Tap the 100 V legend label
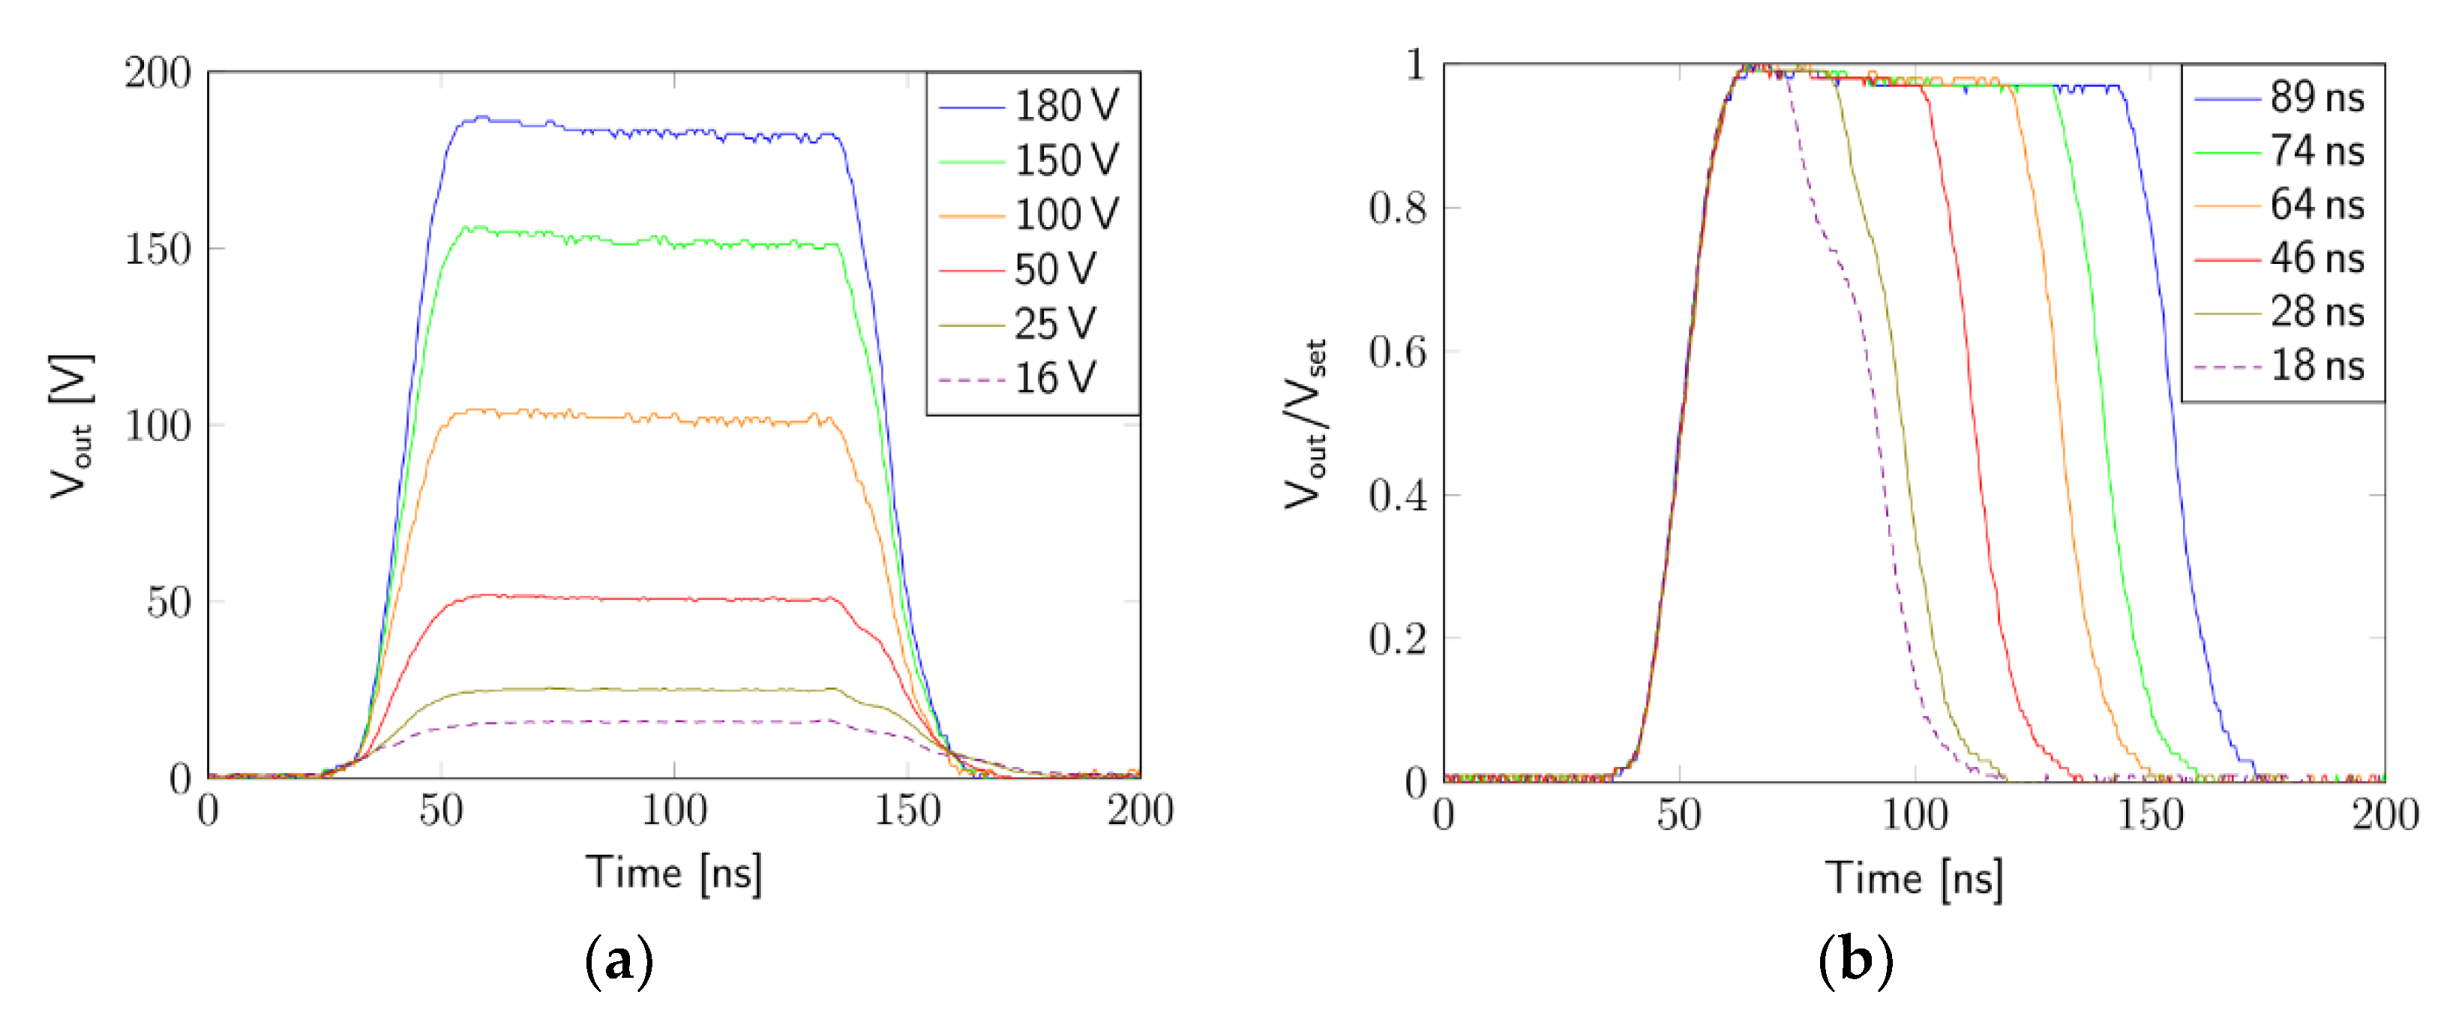click(1066, 214)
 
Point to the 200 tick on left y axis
click(157, 73)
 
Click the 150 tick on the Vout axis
click(157, 249)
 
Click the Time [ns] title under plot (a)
click(673, 872)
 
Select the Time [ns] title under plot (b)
click(1913, 877)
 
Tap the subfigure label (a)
click(619, 961)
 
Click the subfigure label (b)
click(1855, 961)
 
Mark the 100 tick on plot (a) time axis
click(673, 811)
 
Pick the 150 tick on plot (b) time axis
click(2150, 815)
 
